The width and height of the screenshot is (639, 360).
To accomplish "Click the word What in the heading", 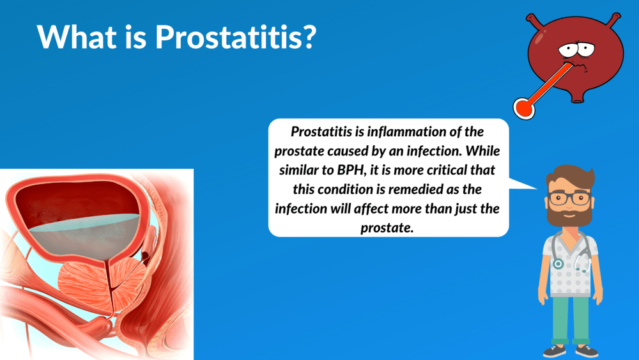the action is coord(76,37).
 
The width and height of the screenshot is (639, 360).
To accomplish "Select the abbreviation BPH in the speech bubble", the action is coord(350,170).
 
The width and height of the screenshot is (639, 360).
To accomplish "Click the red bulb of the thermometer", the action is coord(524,109).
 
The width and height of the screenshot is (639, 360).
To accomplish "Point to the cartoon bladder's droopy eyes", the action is coord(576,50).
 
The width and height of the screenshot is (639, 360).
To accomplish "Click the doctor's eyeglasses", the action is coord(570,199).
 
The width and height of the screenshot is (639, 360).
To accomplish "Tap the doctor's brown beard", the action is coord(570,214).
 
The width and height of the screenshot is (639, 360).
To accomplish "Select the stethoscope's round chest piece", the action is coord(557,264).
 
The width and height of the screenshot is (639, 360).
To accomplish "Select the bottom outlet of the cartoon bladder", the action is coord(577,98).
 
